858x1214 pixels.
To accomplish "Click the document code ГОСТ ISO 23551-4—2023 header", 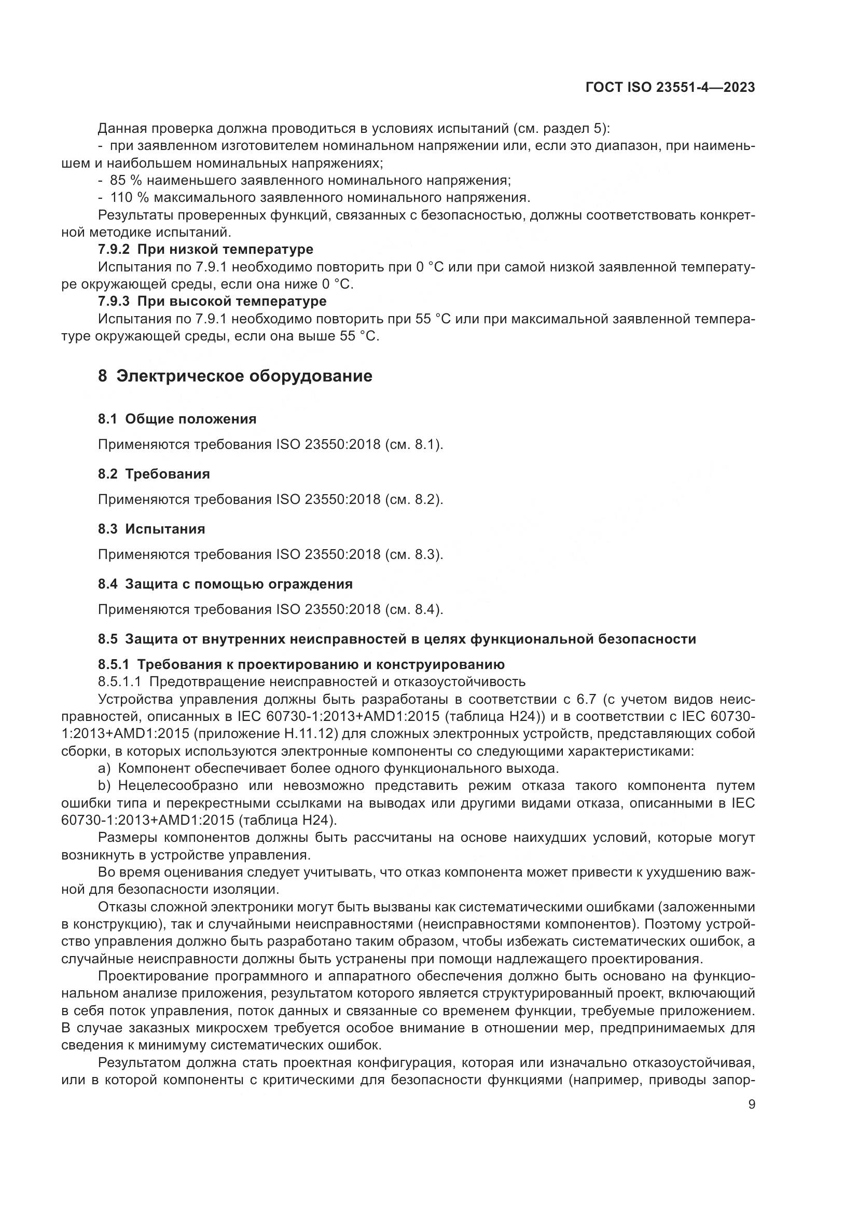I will (x=670, y=88).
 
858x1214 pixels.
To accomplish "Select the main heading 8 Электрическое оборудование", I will (x=235, y=376).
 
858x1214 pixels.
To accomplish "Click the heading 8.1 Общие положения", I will (x=177, y=419).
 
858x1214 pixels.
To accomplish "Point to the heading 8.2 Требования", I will (x=154, y=474).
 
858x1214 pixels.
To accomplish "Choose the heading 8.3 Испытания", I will (x=151, y=529).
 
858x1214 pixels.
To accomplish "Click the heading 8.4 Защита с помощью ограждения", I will (x=225, y=584).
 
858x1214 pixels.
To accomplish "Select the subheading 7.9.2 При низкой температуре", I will (x=205, y=249).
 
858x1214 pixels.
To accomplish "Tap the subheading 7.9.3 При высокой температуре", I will (x=212, y=302).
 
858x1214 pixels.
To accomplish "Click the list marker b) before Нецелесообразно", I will (x=104, y=786).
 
